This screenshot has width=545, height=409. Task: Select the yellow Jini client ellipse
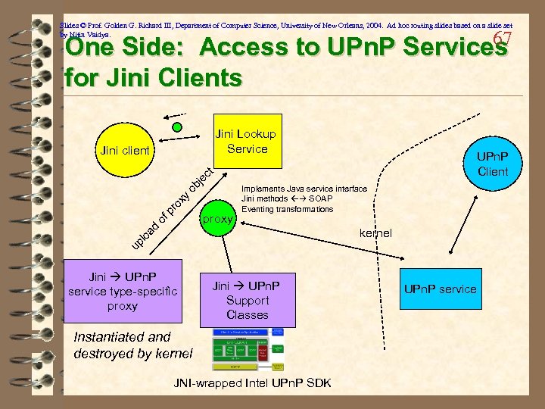pos(124,151)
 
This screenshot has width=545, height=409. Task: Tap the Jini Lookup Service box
pos(246,142)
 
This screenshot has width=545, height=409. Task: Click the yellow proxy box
pos(219,220)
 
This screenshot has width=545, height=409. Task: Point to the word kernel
pos(375,233)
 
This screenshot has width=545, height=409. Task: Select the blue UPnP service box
pos(440,289)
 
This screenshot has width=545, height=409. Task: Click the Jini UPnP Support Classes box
pos(247,300)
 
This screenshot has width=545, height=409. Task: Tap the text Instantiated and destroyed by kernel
pos(133,345)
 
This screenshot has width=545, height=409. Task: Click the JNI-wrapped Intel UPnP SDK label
pos(253,383)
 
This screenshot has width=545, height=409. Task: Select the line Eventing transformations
pos(287,209)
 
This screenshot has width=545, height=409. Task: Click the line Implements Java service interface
pos(304,189)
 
